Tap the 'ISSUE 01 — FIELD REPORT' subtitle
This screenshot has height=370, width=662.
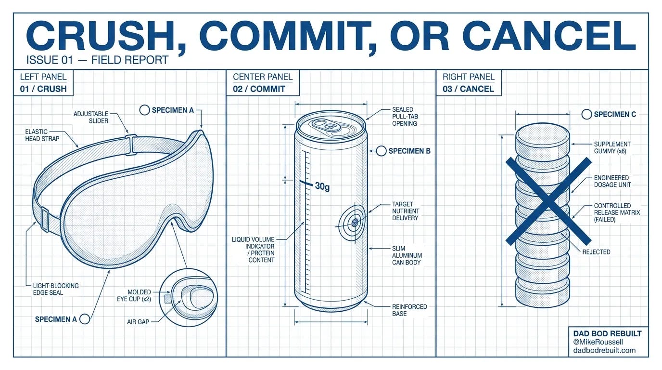(x=97, y=60)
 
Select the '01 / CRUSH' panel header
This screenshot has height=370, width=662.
(x=43, y=89)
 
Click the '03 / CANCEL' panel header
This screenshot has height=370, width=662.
(x=468, y=89)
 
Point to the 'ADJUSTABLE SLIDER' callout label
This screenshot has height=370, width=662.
(x=91, y=117)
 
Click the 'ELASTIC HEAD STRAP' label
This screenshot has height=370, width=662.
(x=42, y=135)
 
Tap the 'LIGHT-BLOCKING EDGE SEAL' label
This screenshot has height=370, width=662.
(x=56, y=289)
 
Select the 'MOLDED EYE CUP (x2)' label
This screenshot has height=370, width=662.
(x=134, y=295)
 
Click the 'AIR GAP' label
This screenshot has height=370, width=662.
(x=138, y=322)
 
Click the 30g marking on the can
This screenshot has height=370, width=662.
(x=322, y=186)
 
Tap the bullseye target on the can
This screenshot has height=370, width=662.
(x=354, y=222)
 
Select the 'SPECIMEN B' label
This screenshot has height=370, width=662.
(x=409, y=151)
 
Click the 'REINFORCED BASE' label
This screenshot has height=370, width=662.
(x=409, y=310)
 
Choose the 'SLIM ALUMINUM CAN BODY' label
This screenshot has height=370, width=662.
(x=407, y=255)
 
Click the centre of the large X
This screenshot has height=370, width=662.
(x=548, y=201)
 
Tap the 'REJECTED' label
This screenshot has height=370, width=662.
(x=596, y=252)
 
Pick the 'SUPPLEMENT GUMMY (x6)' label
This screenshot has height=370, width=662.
(x=612, y=148)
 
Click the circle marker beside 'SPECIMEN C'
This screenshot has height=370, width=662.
(x=586, y=114)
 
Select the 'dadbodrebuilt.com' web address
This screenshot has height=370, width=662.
(x=604, y=350)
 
